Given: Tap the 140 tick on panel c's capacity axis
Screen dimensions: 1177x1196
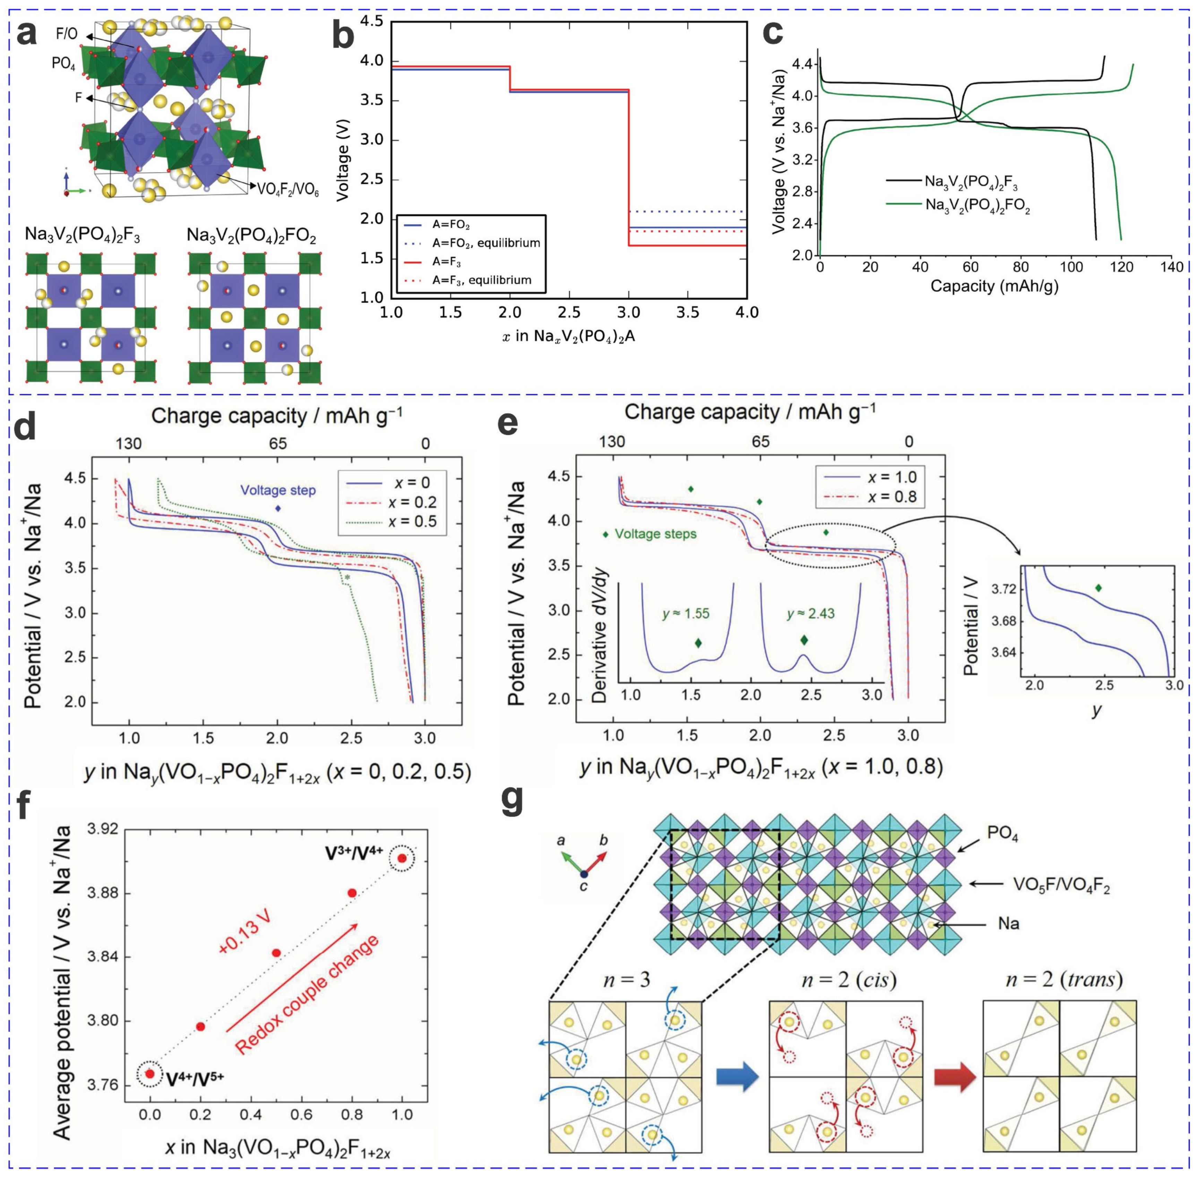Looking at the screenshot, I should [1171, 267].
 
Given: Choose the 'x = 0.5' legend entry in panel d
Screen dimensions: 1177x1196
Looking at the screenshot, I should [412, 522].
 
